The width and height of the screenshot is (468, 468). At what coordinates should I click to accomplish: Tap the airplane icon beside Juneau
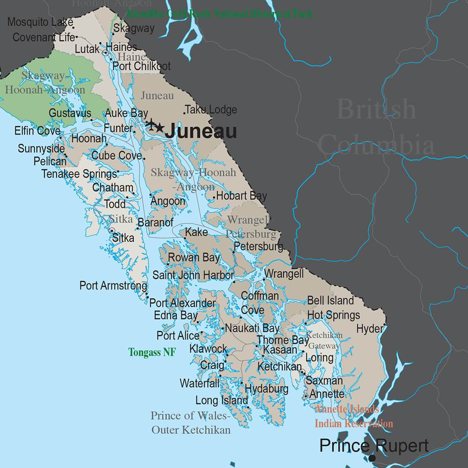150,124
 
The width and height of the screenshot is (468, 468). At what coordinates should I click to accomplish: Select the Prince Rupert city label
374,445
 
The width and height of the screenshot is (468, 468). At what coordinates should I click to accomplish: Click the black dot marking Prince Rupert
373,458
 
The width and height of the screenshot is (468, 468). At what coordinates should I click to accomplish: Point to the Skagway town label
134,28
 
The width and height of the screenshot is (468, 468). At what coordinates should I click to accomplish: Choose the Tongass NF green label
152,352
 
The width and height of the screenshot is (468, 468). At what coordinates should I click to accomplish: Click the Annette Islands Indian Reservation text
353,416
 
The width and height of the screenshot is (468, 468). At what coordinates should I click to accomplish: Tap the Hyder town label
370,329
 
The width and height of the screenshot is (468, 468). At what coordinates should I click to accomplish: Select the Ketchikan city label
279,367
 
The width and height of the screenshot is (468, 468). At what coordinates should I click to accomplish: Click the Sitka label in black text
123,238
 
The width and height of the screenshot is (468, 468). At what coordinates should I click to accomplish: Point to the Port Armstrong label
113,286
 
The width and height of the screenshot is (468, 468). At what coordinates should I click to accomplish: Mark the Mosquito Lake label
40,21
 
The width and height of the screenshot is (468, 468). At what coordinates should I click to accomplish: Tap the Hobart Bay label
242,196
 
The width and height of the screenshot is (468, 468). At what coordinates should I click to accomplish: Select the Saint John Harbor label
193,275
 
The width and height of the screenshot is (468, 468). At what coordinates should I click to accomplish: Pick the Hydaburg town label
267,389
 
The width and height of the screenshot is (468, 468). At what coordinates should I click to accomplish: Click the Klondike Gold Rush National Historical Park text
220,14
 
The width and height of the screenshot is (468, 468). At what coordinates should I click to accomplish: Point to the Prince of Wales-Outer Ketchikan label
191,423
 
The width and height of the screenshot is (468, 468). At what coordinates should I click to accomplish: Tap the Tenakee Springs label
79,174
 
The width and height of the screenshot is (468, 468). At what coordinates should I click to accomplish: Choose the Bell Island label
331,300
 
